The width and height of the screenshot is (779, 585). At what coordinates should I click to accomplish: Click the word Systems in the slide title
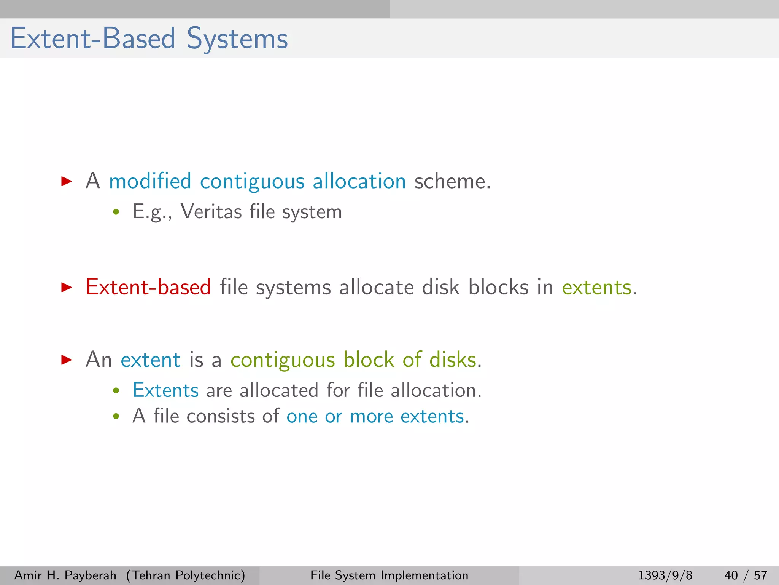point(237,39)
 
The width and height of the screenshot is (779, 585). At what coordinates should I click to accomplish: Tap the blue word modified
point(150,181)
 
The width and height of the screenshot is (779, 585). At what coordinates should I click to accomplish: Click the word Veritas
point(211,212)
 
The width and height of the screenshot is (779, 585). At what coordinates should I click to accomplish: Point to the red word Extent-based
point(148,287)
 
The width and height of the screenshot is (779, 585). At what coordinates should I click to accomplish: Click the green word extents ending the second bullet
point(596,288)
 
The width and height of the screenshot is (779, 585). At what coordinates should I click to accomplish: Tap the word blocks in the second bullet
point(498,287)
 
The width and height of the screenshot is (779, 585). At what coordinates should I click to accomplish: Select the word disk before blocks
point(440,287)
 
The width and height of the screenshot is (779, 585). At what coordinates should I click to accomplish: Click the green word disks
point(453,360)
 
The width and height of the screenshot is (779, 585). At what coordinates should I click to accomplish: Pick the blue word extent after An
point(150,360)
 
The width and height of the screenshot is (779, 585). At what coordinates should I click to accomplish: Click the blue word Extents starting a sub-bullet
point(165,390)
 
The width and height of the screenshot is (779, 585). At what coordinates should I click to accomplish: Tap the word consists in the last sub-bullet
point(220,416)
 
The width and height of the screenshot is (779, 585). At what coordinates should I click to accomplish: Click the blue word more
point(371,417)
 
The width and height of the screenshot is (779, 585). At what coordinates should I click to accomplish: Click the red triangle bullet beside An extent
point(67,360)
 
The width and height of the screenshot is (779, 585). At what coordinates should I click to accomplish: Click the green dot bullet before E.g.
point(116,212)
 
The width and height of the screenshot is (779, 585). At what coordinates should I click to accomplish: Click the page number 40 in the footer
point(731,575)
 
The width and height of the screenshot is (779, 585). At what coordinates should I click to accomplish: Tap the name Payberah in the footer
point(91,575)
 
